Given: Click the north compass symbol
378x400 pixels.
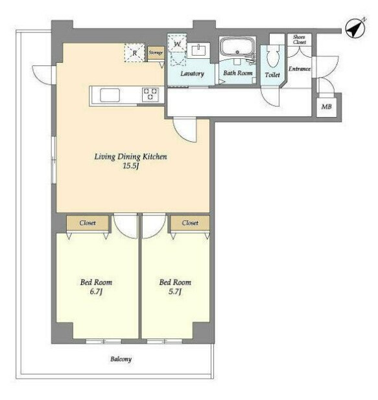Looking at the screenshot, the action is click(355, 28).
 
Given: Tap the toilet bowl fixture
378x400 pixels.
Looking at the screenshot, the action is click(272, 56).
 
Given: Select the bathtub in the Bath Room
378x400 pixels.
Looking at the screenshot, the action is click(237, 47).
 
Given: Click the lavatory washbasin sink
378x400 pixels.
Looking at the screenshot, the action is click(198, 50).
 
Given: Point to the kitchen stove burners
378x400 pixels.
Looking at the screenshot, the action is click(150, 94).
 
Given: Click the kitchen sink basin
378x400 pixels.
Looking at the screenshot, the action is click(110, 95).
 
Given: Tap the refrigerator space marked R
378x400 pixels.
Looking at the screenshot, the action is click(134, 53).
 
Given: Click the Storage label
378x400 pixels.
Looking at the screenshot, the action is click(156, 52).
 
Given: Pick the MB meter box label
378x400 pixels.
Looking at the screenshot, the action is click(326, 106).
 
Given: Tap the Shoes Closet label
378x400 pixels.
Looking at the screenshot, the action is click(299, 39).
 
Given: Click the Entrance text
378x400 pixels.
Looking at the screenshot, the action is click(300, 69).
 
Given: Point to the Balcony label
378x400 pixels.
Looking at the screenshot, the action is click(121, 359).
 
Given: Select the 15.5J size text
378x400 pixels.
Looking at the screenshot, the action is click(131, 166).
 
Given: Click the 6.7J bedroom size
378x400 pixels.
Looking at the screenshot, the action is click(96, 291).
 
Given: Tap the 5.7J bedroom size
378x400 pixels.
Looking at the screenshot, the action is click(175, 291).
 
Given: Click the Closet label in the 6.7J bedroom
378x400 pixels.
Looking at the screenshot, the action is click(88, 223).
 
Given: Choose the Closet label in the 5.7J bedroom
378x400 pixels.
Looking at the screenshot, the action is click(190, 223).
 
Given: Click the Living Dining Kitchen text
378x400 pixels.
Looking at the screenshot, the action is click(130, 157).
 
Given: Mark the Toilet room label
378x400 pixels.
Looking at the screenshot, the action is click(272, 74).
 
